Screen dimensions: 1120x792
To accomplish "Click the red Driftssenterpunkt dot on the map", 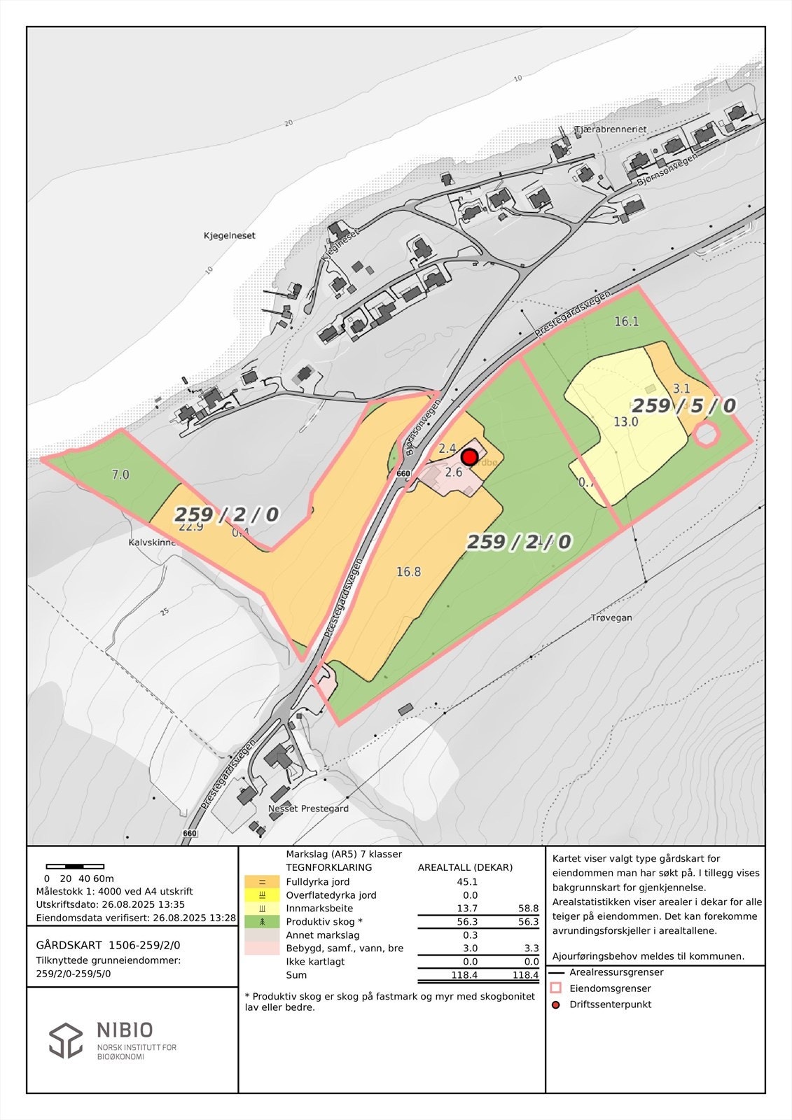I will pos(470,458).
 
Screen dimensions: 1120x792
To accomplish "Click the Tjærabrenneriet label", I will pos(610,130).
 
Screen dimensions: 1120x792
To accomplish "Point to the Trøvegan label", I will pos(611,617).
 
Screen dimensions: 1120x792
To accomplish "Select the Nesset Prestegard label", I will pos(308,808).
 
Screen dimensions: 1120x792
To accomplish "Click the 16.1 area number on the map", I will pos(627,322).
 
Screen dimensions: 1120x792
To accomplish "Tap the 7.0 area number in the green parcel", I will pos(120,475).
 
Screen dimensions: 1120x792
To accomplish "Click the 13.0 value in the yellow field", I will pos(625,422).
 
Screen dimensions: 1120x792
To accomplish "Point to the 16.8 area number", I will pos(408,572).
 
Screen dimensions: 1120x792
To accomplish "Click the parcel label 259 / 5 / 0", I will pos(683,406).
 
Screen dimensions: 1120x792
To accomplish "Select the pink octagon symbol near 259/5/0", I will pos(707,434).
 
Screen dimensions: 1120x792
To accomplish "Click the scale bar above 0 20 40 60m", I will pos(75,867).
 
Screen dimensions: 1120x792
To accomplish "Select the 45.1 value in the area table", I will pos(466,882).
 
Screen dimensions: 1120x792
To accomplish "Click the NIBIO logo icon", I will pos(66,1040).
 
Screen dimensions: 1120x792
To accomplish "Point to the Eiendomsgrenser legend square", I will pos(557,988).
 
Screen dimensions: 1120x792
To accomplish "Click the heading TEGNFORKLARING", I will pos(328,867).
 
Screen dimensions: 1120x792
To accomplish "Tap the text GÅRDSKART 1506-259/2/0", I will pos(108,945).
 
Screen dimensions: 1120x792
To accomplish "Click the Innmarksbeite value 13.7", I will pos(466,909).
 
